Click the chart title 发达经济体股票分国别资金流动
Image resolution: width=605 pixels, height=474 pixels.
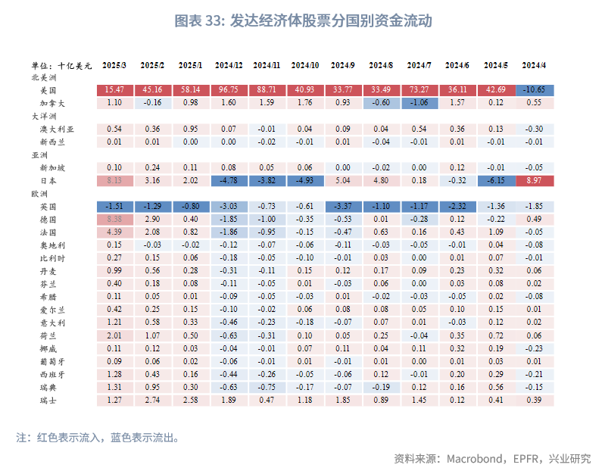click(302, 20)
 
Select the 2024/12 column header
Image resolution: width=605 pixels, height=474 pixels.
click(229, 66)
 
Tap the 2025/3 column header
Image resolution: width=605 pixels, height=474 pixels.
click(114, 66)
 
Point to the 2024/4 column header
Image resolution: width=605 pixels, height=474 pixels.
click(534, 66)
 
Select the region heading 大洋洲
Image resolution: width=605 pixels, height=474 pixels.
click(44, 116)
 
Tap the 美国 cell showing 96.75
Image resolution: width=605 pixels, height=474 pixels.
click(229, 90)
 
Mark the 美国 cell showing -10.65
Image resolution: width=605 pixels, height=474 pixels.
click(534, 90)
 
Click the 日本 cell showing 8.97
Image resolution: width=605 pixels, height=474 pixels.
click(534, 181)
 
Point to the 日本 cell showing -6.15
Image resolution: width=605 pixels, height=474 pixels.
click(496, 181)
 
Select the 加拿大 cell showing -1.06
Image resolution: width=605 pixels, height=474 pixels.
click(419, 102)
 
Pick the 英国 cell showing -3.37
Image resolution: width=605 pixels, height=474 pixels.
click(343, 206)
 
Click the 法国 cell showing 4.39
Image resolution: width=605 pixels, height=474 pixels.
click(114, 231)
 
